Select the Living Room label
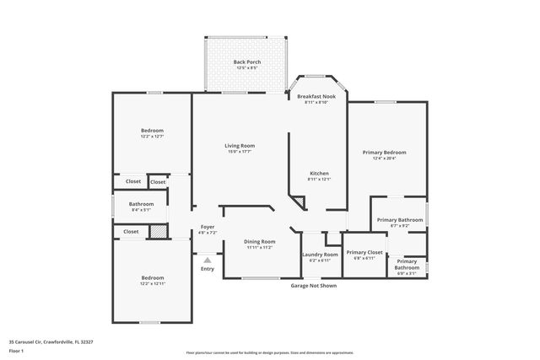coord(240,146)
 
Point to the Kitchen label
coord(318,174)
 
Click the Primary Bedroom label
coord(384,153)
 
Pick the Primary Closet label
coord(364,252)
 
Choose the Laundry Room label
coord(320,255)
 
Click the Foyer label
coord(207,228)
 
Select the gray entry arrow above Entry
coord(207,261)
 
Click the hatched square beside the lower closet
coord(157,231)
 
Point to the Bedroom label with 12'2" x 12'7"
coord(152,131)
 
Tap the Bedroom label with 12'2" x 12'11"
coord(152,278)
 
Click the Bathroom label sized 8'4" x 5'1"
coord(141,204)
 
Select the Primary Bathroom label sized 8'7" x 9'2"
coord(399,220)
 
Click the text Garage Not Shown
coord(313,286)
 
